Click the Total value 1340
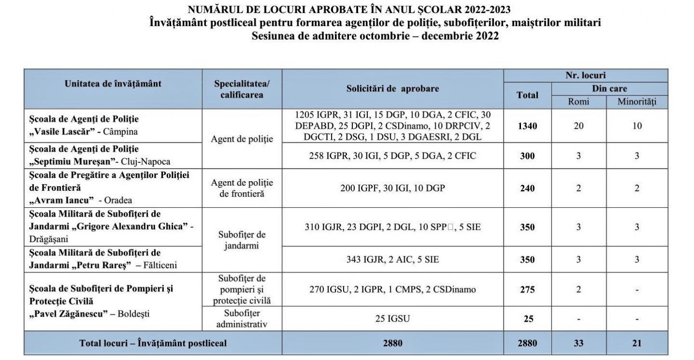point(527,126)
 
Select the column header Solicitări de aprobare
point(392,89)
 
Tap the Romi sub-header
point(578,102)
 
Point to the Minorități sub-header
point(637,102)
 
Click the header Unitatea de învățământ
point(113,83)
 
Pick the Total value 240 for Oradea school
point(527,188)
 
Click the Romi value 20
point(578,126)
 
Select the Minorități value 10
point(637,126)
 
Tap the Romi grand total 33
point(578,343)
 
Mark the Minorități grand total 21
point(637,343)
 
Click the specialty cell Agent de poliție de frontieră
point(242,188)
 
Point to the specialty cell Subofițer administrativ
point(242,318)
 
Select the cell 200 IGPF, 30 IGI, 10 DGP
point(392,188)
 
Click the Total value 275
point(527,290)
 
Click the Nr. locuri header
point(586,76)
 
